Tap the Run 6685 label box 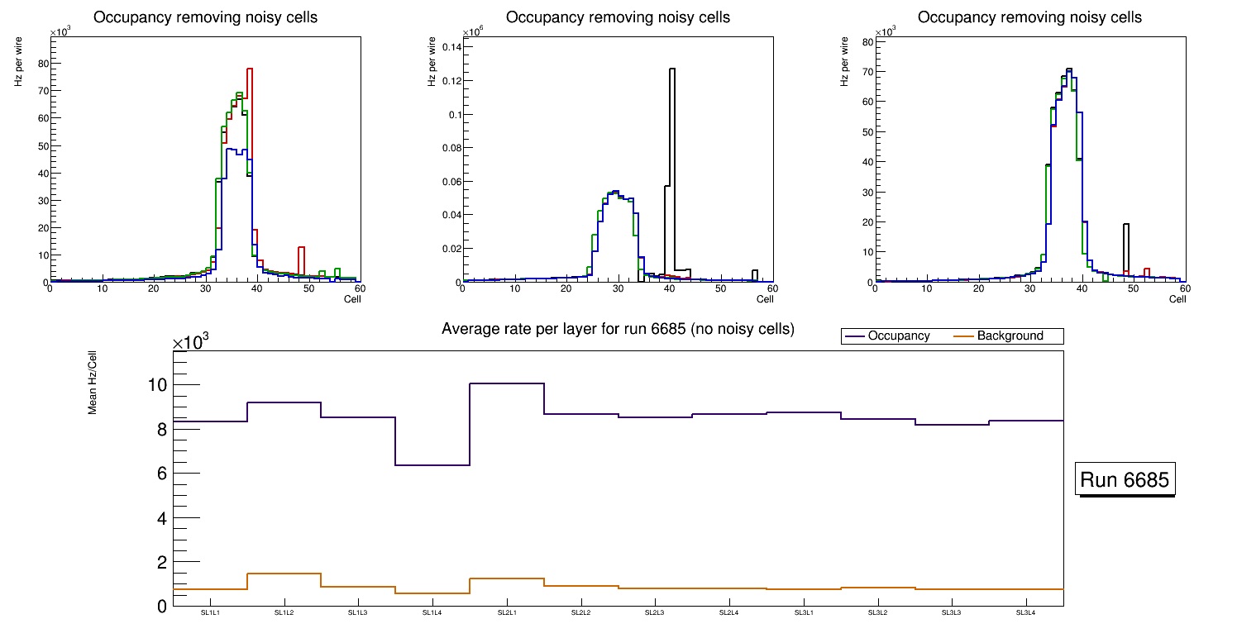click(x=1125, y=480)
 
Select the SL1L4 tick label click(x=432, y=613)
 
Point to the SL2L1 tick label click(x=507, y=613)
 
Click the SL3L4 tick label click(x=1026, y=613)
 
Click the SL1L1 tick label click(x=210, y=613)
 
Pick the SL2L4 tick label click(x=729, y=613)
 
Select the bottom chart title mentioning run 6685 click(x=618, y=329)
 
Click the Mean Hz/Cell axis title click(x=93, y=385)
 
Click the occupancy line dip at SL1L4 click(x=432, y=465)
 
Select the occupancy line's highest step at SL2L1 click(x=507, y=383)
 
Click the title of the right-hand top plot click(x=1029, y=17)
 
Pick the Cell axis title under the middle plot click(x=765, y=298)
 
